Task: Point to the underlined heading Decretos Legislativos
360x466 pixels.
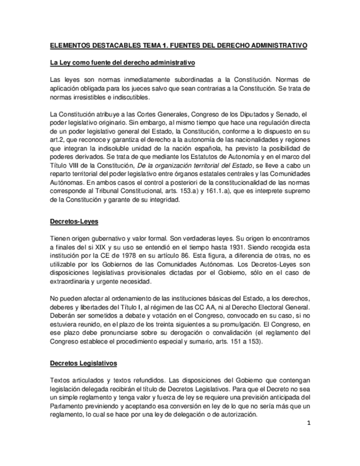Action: point(82,364)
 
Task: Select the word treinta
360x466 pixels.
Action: point(168,325)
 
